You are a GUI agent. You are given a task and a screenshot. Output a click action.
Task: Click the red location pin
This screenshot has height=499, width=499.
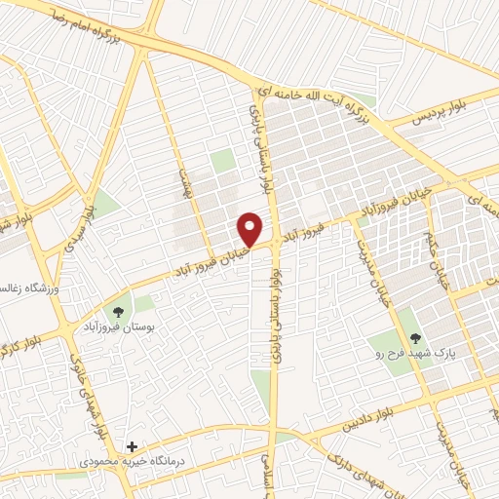(x=250, y=229)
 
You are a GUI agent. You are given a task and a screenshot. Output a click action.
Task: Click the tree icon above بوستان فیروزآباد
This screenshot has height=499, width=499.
(x=119, y=312)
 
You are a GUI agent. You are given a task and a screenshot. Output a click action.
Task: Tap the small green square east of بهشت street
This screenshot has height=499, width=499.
(x=224, y=161)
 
